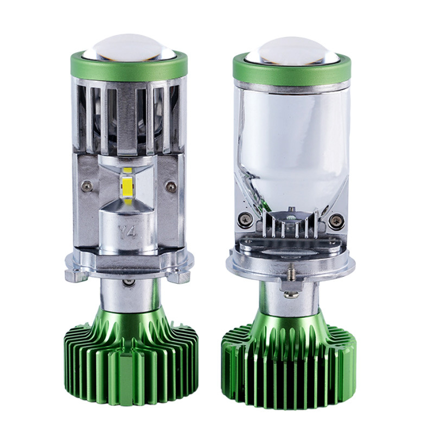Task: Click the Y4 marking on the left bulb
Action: pyautogui.click(x=127, y=232)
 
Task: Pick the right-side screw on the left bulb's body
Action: pyautogui.click(x=170, y=184)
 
